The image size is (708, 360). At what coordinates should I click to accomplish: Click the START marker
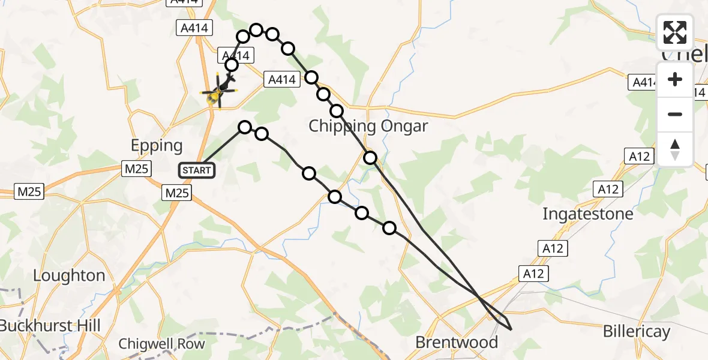point(196,170)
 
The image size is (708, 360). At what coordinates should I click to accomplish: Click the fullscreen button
point(675,32)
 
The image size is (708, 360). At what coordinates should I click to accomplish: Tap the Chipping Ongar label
point(368,126)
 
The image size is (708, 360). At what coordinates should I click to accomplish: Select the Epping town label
point(157,146)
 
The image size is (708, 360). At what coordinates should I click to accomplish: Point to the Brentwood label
point(457,343)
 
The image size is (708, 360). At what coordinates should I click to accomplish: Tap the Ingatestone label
point(587,214)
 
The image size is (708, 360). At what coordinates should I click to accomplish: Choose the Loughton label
point(69,275)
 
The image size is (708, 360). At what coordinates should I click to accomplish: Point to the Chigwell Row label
point(161,344)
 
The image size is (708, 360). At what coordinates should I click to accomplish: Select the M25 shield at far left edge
point(28,192)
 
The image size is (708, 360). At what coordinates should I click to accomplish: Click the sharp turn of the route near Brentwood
point(511,329)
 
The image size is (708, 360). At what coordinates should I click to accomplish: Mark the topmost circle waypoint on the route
point(256,30)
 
